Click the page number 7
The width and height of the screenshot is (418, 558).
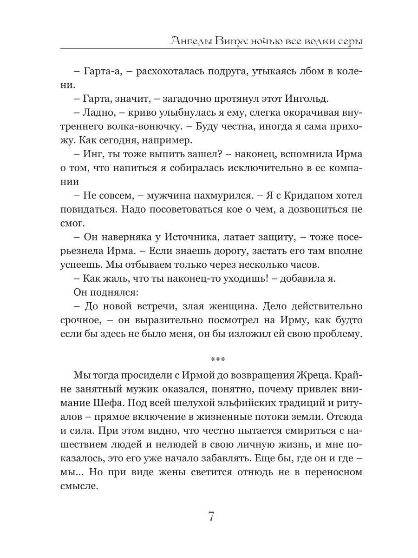tap(210, 517)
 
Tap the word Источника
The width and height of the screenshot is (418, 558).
tap(196, 238)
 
